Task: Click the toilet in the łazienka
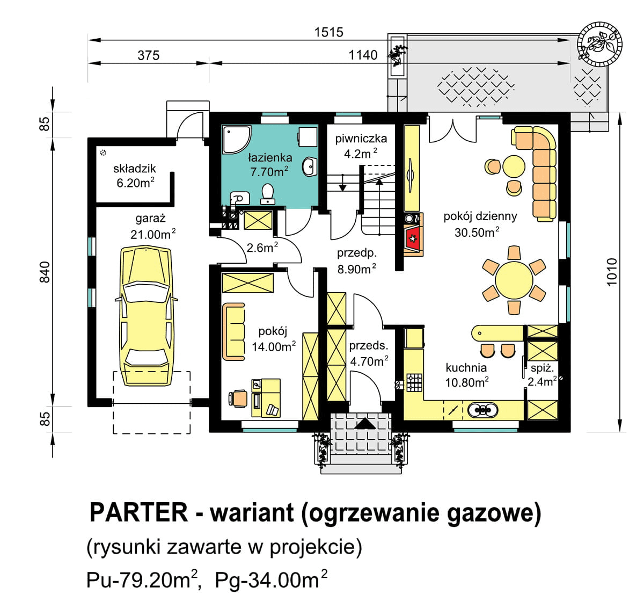(x=268, y=194)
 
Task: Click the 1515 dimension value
(x=328, y=32)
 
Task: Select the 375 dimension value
(x=149, y=55)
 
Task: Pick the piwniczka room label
(x=361, y=139)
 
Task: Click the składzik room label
(x=135, y=169)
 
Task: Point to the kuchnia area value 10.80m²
(x=466, y=382)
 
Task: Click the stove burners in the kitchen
(x=414, y=382)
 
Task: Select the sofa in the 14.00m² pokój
(x=233, y=331)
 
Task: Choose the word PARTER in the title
(x=138, y=512)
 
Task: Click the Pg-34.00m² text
(x=271, y=581)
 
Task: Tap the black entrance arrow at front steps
(x=366, y=423)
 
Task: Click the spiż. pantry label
(x=541, y=368)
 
